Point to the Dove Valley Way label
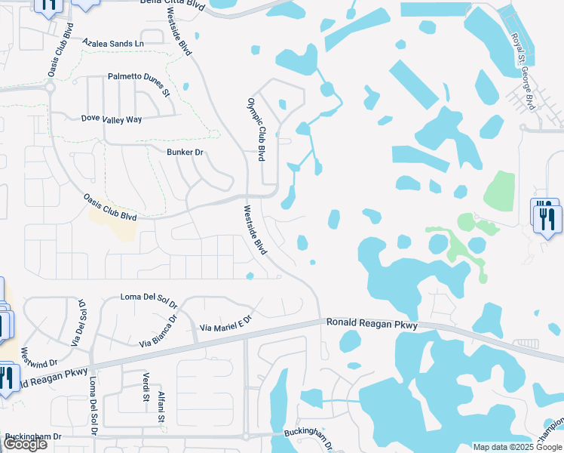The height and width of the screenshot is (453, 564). (x=112, y=119)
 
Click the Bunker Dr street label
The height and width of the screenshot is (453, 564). (x=185, y=153)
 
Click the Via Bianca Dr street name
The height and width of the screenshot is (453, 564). (x=159, y=331)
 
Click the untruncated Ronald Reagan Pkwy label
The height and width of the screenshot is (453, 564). (x=372, y=322)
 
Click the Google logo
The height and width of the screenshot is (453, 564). (x=24, y=444)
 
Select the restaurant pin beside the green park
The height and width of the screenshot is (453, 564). (x=545, y=215)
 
